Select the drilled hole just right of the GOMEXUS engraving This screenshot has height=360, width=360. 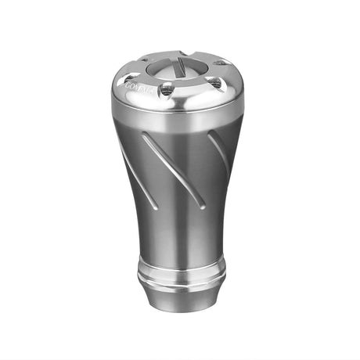click(165, 92)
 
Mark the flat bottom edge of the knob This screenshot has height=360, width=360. click(181, 311)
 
